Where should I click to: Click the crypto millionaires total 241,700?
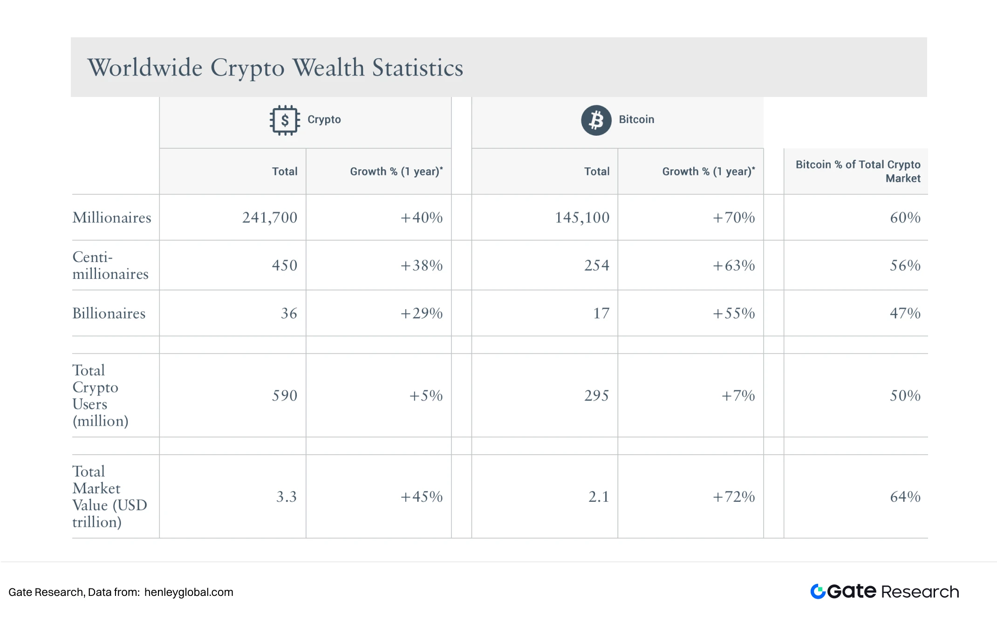pyautogui.click(x=269, y=217)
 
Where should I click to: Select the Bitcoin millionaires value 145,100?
pyautogui.click(x=582, y=217)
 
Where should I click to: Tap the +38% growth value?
pyautogui.click(x=422, y=265)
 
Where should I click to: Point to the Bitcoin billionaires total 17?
pyautogui.click(x=601, y=313)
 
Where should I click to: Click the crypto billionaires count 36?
pyautogui.click(x=289, y=313)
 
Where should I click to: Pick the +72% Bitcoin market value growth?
pyautogui.click(x=734, y=497)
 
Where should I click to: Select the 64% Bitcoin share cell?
pyautogui.click(x=905, y=497)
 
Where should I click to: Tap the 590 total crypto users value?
pyautogui.click(x=284, y=395)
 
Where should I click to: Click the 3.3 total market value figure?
pyautogui.click(x=286, y=497)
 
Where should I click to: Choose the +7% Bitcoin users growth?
pyautogui.click(x=738, y=395)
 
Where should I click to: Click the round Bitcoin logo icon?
pyautogui.click(x=596, y=120)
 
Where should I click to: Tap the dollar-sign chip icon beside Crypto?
pyautogui.click(x=284, y=120)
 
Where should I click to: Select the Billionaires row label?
pyautogui.click(x=109, y=313)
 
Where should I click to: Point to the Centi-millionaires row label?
pyautogui.click(x=110, y=265)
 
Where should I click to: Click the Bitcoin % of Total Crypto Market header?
pyautogui.click(x=858, y=171)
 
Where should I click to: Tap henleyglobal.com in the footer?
pyautogui.click(x=189, y=592)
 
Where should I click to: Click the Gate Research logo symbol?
pyautogui.click(x=818, y=591)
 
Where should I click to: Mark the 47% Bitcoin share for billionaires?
pyautogui.click(x=905, y=313)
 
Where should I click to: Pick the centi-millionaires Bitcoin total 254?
pyautogui.click(x=596, y=265)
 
